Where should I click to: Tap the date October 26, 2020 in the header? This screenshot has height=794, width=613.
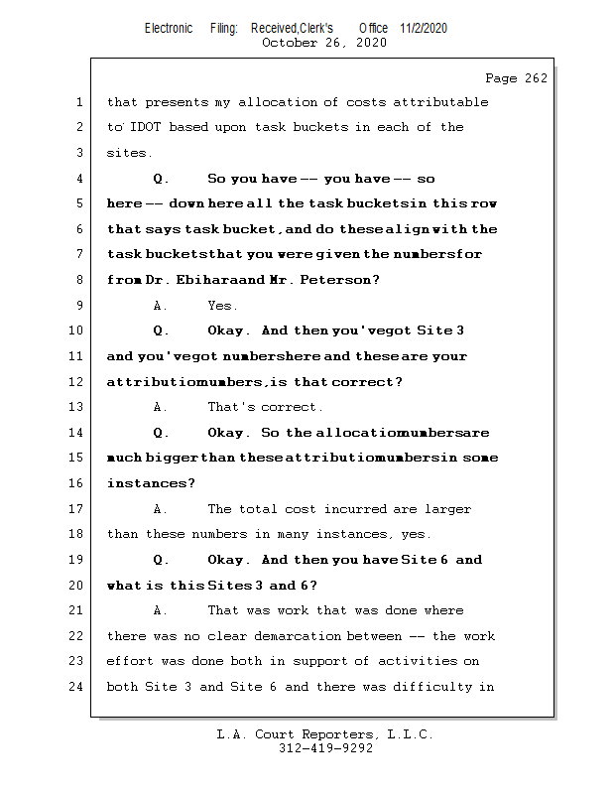coord(323,43)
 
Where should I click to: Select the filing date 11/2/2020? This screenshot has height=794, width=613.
coord(424,28)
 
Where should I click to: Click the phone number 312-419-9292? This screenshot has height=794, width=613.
coord(325,748)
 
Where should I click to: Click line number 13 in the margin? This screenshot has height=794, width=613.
coord(78,407)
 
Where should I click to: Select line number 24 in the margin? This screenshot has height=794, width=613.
coord(78,687)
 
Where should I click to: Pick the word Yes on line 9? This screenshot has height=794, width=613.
coord(222,306)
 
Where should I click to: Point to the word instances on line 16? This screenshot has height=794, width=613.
coord(150,483)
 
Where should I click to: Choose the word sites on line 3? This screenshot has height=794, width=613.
coord(129,153)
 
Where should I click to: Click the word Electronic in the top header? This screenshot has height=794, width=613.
coord(169,28)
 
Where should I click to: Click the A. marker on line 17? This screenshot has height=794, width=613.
coord(161,509)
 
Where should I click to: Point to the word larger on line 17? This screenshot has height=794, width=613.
coord(447,509)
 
